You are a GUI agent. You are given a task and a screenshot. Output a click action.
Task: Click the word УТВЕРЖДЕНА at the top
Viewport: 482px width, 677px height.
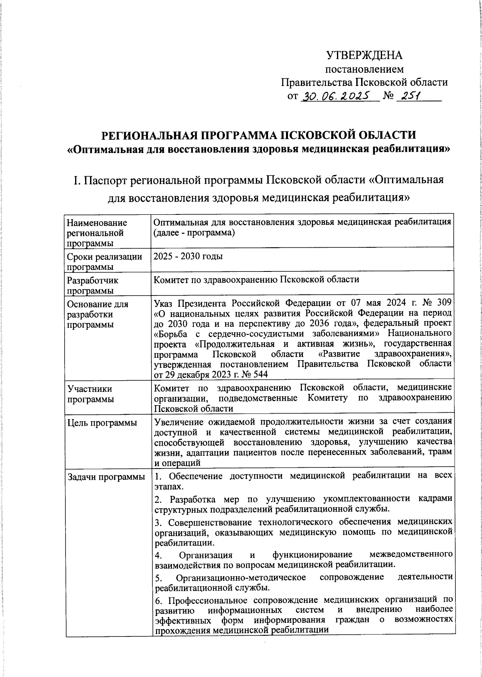click(x=364, y=55)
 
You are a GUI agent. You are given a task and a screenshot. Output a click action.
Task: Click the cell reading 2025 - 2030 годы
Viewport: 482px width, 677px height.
click(x=188, y=257)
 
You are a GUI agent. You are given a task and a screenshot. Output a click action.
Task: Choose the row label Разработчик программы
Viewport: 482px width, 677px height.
click(x=93, y=285)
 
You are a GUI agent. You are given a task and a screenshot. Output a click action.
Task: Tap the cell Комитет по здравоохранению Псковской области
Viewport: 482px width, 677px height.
click(x=256, y=280)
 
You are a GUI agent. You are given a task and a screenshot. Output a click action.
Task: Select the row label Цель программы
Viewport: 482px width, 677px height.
click(x=102, y=423)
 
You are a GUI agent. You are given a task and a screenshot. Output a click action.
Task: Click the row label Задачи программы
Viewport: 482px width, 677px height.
click(x=106, y=477)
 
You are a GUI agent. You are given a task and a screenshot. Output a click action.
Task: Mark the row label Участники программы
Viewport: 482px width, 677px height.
click(x=90, y=394)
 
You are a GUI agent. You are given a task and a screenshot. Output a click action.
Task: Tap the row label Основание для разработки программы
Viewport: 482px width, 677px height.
click(x=98, y=314)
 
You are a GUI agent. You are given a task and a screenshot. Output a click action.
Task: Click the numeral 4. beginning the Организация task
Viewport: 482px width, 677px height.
click(x=158, y=555)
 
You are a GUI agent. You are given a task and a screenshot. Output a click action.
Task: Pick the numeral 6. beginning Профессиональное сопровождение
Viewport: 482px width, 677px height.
click(x=158, y=601)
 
